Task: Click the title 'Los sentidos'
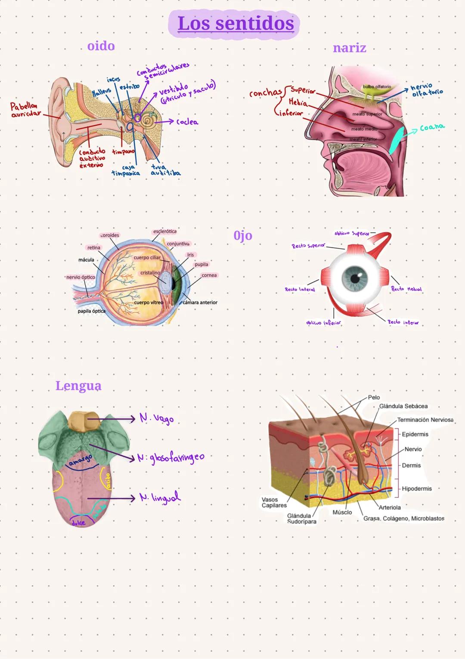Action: point(236,23)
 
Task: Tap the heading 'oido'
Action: point(101,46)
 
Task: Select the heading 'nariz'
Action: point(349,48)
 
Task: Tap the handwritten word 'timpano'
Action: point(123,152)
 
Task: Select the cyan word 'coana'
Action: point(432,128)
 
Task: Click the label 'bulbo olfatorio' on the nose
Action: point(377,87)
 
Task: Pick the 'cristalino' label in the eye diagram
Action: point(150,273)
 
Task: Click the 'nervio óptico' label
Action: point(81,277)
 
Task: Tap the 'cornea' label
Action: point(209,275)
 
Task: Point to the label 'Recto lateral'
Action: point(300,290)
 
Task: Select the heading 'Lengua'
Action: point(78,386)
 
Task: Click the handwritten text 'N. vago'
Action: point(156,419)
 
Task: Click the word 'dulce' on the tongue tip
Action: point(78,522)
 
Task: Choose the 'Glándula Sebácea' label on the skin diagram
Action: point(403,406)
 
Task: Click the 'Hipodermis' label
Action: point(416,489)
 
